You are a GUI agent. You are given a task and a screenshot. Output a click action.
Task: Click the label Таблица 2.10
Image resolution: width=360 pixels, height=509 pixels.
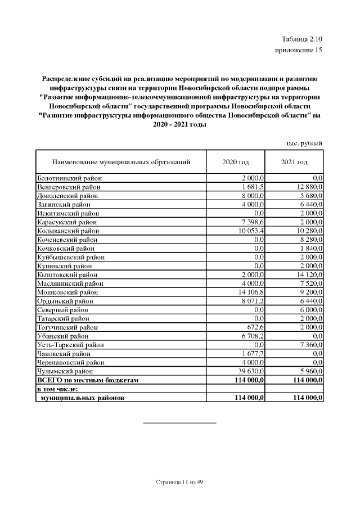click(301, 39)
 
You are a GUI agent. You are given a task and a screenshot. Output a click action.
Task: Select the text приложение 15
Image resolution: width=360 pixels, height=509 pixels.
click(298, 51)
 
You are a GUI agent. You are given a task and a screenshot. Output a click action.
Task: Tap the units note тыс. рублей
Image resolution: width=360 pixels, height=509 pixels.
click(304, 143)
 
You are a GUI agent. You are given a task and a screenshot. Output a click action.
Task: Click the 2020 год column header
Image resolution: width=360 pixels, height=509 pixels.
click(236, 162)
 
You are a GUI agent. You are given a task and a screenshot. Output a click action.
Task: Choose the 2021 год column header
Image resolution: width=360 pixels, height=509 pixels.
click(294, 162)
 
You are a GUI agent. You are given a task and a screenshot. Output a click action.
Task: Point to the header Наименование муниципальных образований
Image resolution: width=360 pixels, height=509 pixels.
click(121, 162)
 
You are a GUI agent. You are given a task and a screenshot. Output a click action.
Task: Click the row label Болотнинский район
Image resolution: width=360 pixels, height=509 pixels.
click(69, 178)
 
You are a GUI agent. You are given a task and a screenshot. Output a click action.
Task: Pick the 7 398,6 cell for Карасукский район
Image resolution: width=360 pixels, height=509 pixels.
click(251, 222)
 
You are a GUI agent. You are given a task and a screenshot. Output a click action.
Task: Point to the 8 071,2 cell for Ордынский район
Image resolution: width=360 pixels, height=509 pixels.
click(251, 301)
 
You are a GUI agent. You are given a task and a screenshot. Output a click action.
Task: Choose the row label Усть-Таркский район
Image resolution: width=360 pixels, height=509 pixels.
click(70, 345)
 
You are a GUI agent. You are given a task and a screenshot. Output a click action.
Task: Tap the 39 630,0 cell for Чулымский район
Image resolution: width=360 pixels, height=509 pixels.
click(250, 371)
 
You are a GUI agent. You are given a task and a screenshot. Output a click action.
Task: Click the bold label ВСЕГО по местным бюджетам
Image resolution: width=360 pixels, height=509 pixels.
click(87, 380)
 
